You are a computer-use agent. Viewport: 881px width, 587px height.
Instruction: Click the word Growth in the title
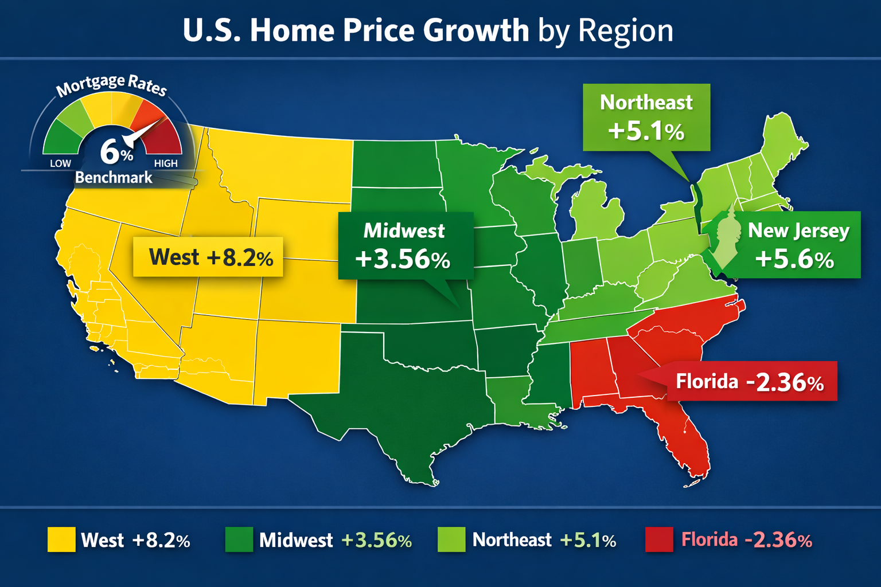click(475, 30)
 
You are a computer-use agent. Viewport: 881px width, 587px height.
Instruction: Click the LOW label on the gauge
click(60, 163)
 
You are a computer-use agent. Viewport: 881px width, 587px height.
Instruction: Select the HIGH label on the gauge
click(166, 163)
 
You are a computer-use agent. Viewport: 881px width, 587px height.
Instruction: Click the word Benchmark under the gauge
click(114, 178)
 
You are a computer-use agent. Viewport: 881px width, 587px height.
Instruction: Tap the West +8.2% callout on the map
click(208, 257)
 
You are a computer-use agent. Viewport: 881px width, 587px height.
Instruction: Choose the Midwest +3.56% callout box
click(405, 245)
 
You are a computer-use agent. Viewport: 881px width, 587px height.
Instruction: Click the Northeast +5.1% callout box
click(646, 118)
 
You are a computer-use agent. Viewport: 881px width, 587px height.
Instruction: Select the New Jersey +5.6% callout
click(797, 245)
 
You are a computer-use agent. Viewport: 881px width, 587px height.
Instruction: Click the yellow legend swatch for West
click(61, 539)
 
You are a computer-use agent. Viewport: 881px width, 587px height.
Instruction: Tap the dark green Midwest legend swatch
click(239, 539)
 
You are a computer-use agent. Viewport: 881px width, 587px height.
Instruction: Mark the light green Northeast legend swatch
click(451, 539)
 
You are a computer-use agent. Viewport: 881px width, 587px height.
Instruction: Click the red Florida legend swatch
click(659, 539)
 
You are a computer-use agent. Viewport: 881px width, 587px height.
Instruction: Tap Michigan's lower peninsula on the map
click(597, 212)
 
